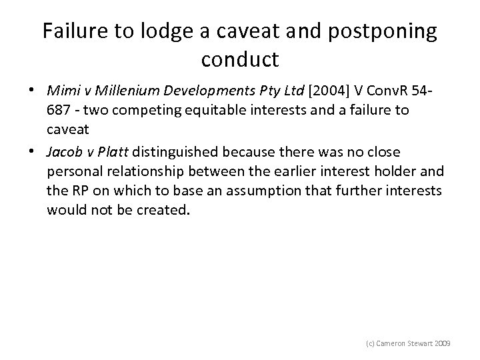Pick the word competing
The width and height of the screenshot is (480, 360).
click(x=149, y=109)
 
